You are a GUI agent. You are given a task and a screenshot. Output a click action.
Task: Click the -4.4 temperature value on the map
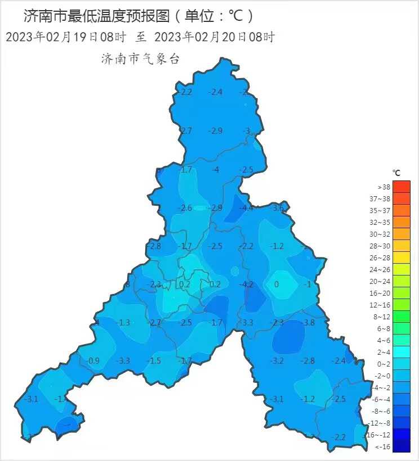coord(247,209)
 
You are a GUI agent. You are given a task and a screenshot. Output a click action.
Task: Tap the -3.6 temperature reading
coord(278,209)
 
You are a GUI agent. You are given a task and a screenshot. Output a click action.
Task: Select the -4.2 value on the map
coord(247,284)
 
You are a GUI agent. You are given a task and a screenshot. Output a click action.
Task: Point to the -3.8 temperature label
coord(308,323)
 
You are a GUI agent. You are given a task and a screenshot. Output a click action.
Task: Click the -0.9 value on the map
coord(93,361)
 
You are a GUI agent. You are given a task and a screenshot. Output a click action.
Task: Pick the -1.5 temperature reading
coord(154,361)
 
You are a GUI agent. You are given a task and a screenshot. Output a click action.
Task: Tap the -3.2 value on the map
coord(277,361)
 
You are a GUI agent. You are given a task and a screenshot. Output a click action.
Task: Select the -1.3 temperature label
coord(124,323)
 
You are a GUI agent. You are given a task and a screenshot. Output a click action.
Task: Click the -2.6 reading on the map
coord(185,209)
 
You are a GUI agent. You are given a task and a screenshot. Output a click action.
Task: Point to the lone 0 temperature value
coord(277,284)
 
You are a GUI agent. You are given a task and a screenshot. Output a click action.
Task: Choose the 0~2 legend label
coord(384,364)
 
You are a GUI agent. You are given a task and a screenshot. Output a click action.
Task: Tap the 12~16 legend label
coord(384,305)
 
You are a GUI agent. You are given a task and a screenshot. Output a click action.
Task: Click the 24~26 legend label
coord(384,269)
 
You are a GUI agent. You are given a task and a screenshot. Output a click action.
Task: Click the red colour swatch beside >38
coord(402,187)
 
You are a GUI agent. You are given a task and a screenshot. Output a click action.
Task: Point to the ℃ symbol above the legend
coord(396,172)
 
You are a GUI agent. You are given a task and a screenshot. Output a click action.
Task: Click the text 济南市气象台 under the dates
coord(140,59)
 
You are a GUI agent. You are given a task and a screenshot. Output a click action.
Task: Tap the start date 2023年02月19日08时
coord(65,37)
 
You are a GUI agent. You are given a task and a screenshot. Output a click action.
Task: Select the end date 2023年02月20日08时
coord(215,37)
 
